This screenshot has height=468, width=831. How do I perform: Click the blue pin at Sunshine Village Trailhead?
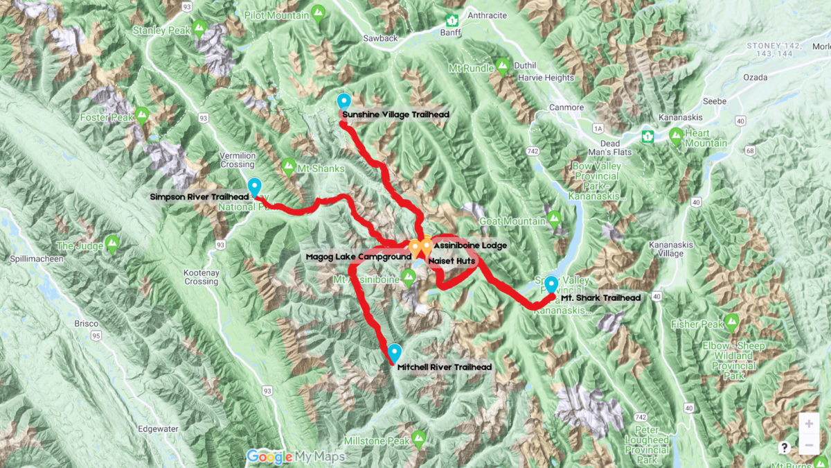tap(343, 101)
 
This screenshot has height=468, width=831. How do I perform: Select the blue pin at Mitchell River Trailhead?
tap(395, 352)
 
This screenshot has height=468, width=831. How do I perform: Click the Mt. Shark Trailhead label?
tap(601, 297)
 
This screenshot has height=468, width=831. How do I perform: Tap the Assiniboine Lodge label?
tap(470, 245)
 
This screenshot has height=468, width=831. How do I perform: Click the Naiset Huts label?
tap(451, 261)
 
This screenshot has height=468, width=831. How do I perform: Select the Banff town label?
tap(451, 33)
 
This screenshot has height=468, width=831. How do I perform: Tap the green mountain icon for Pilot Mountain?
tap(318, 12)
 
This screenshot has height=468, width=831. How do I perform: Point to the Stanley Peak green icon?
tap(199, 28)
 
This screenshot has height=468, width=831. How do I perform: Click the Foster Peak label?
tap(105, 118)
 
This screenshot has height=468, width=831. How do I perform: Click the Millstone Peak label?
tap(378, 441)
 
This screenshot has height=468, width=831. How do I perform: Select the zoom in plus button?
tap(809, 424)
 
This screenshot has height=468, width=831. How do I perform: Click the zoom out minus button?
tap(809, 444)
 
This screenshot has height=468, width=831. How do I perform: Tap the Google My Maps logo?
tap(296, 456)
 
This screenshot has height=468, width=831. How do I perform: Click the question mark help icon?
tap(785, 448)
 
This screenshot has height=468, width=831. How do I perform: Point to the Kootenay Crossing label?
tap(201, 277)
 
